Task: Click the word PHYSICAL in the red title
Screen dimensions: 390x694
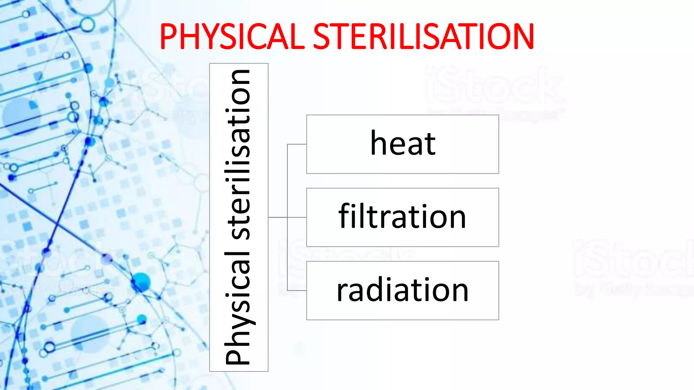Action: [232, 37]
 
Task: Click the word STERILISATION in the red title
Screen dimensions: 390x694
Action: [424, 37]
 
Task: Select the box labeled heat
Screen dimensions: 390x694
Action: [403, 144]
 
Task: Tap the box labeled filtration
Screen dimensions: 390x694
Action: [403, 217]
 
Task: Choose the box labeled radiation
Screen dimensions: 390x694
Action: [403, 290]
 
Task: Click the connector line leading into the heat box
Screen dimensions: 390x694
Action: [297, 144]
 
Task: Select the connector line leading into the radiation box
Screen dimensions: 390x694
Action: [297, 290]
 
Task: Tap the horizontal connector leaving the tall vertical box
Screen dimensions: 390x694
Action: [278, 217]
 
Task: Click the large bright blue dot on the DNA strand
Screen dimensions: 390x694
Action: [141, 282]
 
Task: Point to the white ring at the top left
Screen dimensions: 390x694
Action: [87, 25]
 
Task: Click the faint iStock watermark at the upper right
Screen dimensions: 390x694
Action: [495, 86]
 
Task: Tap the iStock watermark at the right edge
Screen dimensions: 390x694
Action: [634, 259]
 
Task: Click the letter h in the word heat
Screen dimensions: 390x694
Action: [378, 144]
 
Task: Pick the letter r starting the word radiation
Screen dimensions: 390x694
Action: [342, 292]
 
